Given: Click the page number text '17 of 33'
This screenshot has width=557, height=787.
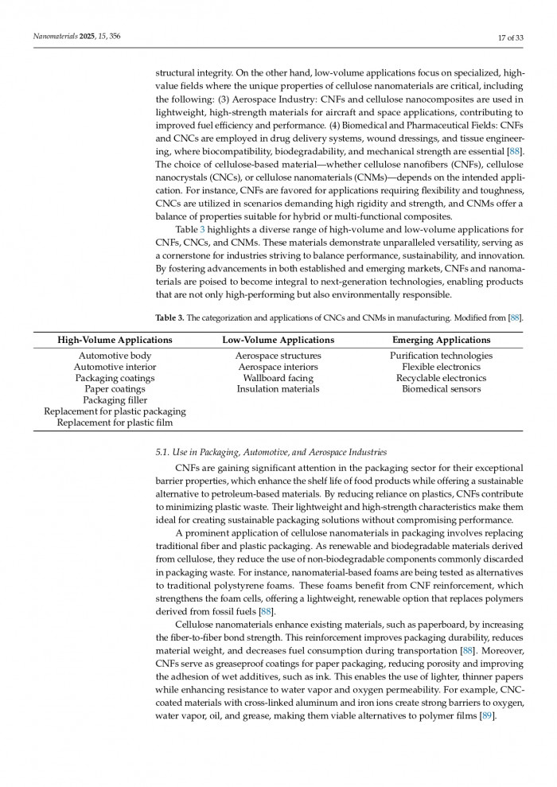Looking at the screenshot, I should [508, 37].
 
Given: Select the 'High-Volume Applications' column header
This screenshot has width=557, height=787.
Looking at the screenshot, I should [115, 340].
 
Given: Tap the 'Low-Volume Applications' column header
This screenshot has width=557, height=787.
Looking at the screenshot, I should [278, 340].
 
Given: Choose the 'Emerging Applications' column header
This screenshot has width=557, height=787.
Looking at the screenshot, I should [441, 340].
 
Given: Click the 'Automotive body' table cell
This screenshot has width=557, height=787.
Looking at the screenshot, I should [115, 356].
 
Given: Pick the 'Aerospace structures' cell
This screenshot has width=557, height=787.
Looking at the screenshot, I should [278, 356].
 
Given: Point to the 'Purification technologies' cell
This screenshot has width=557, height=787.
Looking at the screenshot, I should [441, 356].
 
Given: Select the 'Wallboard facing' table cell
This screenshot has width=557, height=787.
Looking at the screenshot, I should [278, 378].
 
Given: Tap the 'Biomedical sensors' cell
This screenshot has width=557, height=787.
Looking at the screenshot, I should [441, 389].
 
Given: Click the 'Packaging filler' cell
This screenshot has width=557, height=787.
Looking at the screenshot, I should [115, 400].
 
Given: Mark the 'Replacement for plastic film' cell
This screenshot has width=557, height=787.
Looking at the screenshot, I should [115, 423].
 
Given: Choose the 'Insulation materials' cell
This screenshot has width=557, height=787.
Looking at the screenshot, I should [278, 389].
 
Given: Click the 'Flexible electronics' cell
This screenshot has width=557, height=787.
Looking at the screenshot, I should [441, 367].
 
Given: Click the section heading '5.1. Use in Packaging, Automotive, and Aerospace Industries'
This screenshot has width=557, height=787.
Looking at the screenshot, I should [271, 452].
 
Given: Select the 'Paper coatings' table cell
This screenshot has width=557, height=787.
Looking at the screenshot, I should [115, 389].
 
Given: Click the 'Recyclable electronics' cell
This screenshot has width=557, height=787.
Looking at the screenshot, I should [441, 378].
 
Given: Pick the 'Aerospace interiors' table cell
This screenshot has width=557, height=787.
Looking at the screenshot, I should [278, 367].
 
